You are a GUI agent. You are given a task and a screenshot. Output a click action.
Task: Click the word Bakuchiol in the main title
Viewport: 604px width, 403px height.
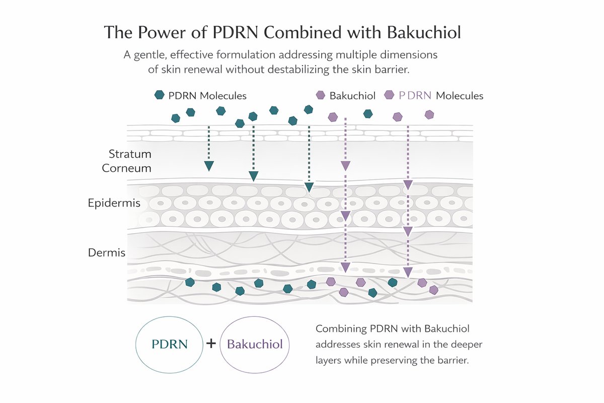click(x=424, y=33)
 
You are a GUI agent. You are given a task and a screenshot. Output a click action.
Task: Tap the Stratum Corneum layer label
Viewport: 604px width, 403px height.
click(x=126, y=161)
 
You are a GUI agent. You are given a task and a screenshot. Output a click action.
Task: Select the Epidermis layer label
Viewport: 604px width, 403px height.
click(x=114, y=203)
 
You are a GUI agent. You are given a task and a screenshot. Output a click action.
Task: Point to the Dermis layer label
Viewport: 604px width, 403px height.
click(x=107, y=253)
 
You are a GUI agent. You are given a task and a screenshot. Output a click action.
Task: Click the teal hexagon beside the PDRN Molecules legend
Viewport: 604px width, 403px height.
click(x=160, y=95)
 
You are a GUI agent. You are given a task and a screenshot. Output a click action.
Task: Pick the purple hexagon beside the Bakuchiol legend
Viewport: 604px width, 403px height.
click(x=320, y=95)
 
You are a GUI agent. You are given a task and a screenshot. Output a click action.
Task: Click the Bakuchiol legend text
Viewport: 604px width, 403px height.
click(x=352, y=96)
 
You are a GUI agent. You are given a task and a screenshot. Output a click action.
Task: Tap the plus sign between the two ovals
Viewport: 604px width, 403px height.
click(x=211, y=344)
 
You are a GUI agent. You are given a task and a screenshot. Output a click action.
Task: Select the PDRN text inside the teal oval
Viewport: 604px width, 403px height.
click(x=170, y=344)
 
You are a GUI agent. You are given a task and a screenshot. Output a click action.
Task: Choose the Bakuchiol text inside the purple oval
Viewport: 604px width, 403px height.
click(x=255, y=344)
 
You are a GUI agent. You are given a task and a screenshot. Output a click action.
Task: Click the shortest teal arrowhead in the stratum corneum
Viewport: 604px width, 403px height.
click(x=209, y=166)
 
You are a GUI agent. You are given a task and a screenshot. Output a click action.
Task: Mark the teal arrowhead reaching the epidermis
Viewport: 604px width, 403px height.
click(x=309, y=187)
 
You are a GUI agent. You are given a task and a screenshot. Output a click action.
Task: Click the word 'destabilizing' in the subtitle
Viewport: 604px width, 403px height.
click(x=298, y=70)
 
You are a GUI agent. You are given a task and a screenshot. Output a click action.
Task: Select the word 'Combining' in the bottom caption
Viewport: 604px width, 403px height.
click(x=341, y=329)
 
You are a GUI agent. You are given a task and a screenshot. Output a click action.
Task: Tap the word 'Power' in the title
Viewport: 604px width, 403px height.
click(x=162, y=33)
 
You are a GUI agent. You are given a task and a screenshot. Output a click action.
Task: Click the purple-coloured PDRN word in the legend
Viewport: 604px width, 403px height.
click(x=415, y=96)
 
